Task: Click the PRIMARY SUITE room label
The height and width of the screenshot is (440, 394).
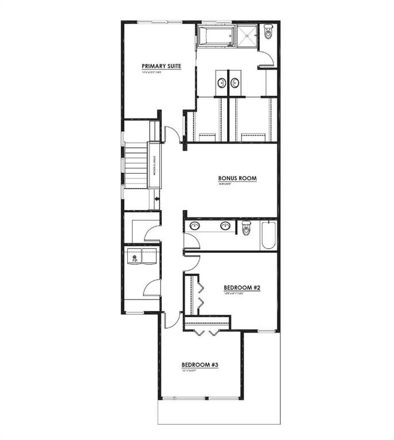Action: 161,66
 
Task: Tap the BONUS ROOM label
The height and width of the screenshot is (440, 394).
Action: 237,179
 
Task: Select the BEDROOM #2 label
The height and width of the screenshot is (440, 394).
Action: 242,288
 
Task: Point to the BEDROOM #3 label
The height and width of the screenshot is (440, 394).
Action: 200,364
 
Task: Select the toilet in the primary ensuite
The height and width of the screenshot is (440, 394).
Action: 270,33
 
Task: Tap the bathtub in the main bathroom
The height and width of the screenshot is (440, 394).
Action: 268,235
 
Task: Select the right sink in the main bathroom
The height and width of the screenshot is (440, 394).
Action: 225,226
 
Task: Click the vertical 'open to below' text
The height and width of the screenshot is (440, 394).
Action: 154,166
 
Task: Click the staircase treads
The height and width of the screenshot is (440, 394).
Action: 136,166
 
